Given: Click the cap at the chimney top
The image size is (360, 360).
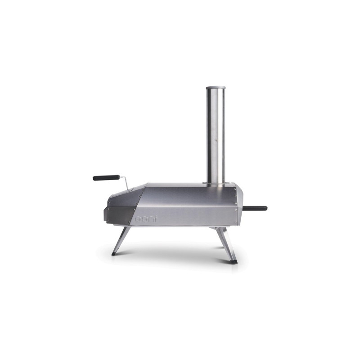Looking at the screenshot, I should point(215,87).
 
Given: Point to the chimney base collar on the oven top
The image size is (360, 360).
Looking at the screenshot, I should point(216,183).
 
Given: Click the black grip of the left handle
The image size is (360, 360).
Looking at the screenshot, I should point(106,178).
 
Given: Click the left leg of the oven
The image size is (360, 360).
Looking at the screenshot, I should point(121,240).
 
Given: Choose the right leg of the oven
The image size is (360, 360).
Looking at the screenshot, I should point(225,243).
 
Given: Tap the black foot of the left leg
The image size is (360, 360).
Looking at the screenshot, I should point(114,254).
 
